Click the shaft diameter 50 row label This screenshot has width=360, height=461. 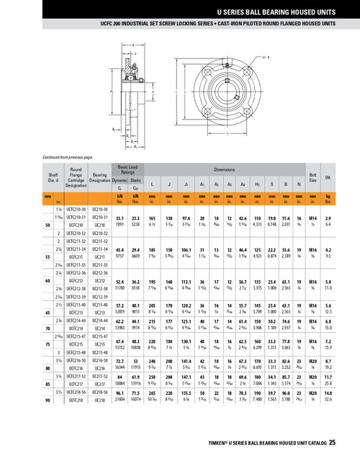point(48,225)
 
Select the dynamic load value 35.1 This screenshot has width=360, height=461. point(120,218)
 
